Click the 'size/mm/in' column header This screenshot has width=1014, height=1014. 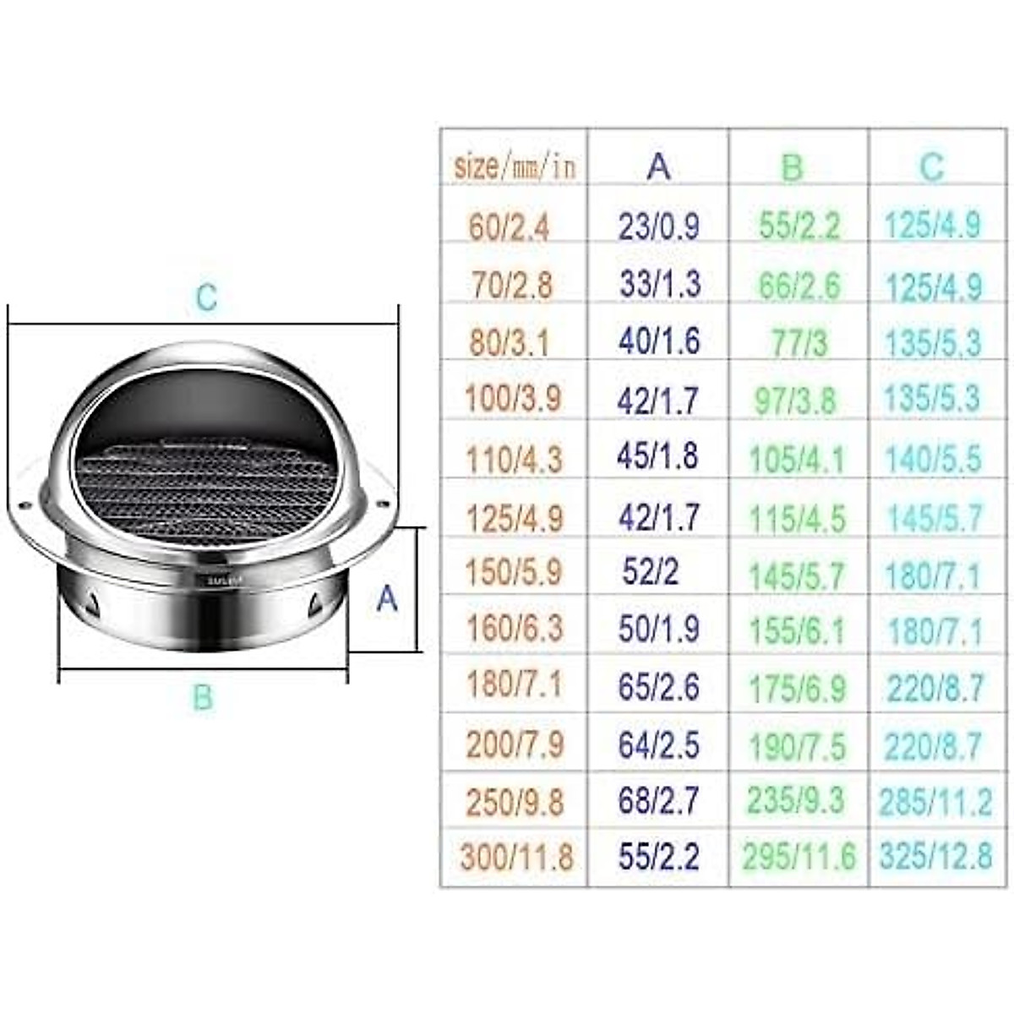[x=515, y=166]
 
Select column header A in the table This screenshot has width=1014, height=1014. [x=658, y=166]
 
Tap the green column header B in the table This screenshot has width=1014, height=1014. [x=792, y=167]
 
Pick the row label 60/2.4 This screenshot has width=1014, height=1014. [x=510, y=227]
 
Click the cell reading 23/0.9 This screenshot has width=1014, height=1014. [x=658, y=226]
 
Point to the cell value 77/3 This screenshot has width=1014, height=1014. [x=799, y=343]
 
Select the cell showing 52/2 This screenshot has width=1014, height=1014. [x=650, y=573]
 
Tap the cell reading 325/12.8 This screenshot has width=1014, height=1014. [x=935, y=857]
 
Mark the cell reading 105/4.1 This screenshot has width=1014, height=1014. [x=797, y=459]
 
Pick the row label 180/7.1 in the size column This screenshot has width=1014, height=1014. [x=514, y=684]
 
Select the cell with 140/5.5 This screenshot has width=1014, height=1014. [x=934, y=459]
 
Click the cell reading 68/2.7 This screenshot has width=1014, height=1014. [x=658, y=800]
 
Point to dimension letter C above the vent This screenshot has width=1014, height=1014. [x=206, y=297]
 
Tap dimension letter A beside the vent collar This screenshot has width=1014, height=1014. [x=386, y=598]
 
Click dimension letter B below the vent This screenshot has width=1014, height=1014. [x=202, y=698]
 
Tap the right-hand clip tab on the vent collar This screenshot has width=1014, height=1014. [x=315, y=603]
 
